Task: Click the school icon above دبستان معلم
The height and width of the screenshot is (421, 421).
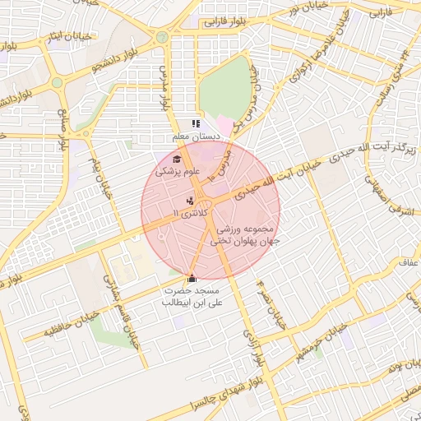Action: coord(196,124)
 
